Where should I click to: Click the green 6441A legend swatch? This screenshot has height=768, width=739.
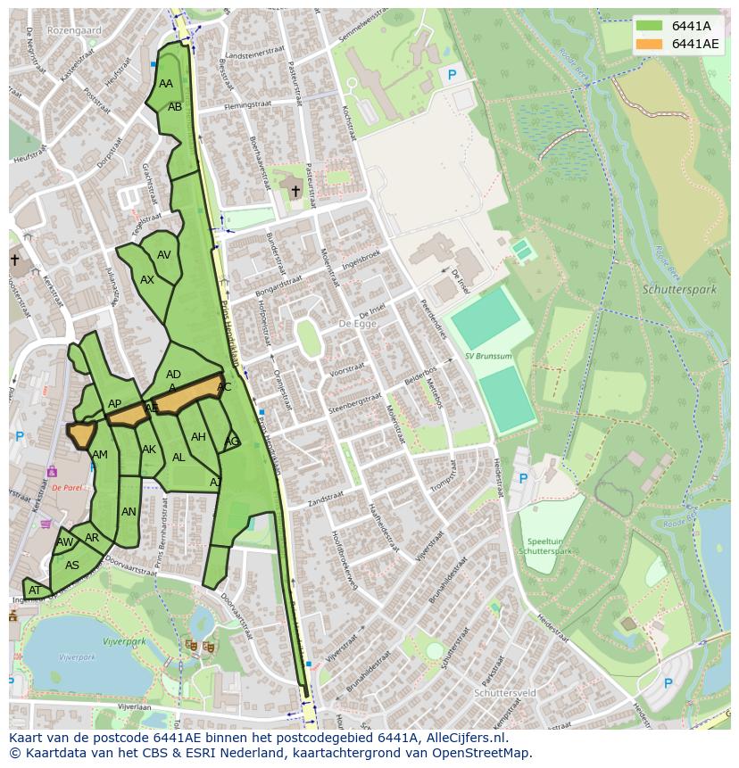click(650, 26)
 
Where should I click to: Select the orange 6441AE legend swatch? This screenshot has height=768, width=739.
click(650, 44)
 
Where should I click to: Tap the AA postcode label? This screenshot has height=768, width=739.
click(166, 84)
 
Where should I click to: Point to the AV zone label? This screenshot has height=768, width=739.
click(163, 255)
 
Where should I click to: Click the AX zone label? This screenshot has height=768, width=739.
click(147, 280)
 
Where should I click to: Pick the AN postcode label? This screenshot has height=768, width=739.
click(129, 512)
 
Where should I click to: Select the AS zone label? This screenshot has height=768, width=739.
click(72, 566)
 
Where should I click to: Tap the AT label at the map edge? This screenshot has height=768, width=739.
click(34, 590)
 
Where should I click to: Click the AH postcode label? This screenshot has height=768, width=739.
click(198, 437)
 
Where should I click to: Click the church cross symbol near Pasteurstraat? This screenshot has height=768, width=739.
click(295, 191)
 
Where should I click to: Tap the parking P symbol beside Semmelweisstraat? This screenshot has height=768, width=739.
click(452, 76)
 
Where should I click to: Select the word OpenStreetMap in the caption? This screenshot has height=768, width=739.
click(482, 753)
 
